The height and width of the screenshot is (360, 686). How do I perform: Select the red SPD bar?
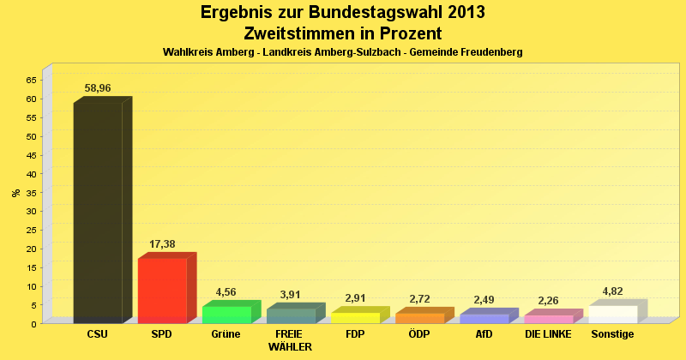pos(162,291)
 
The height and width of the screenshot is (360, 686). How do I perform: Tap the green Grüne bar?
pos(226,315)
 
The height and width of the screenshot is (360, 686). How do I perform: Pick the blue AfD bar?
pos(484,319)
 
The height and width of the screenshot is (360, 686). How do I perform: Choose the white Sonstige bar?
pos(613,315)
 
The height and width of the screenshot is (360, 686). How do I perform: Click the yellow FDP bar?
pos(355,318)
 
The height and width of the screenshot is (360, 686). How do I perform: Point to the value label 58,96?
pos(98,88)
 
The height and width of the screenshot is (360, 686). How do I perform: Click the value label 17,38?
pos(162,244)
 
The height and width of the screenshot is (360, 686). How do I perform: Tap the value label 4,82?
pos(613,292)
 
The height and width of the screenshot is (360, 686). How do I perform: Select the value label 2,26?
pos(549,301)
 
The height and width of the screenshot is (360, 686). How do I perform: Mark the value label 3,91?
pos(291,296)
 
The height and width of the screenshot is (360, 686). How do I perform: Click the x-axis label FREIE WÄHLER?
pos(290,340)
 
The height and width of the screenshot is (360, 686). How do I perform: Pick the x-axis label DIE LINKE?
pos(548,334)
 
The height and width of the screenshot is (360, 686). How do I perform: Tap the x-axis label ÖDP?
pos(419,334)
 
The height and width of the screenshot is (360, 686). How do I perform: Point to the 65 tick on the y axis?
pos(31,80)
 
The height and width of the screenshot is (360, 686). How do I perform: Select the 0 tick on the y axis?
pos(33,323)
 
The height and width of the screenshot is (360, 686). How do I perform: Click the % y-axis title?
pos(15,192)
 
